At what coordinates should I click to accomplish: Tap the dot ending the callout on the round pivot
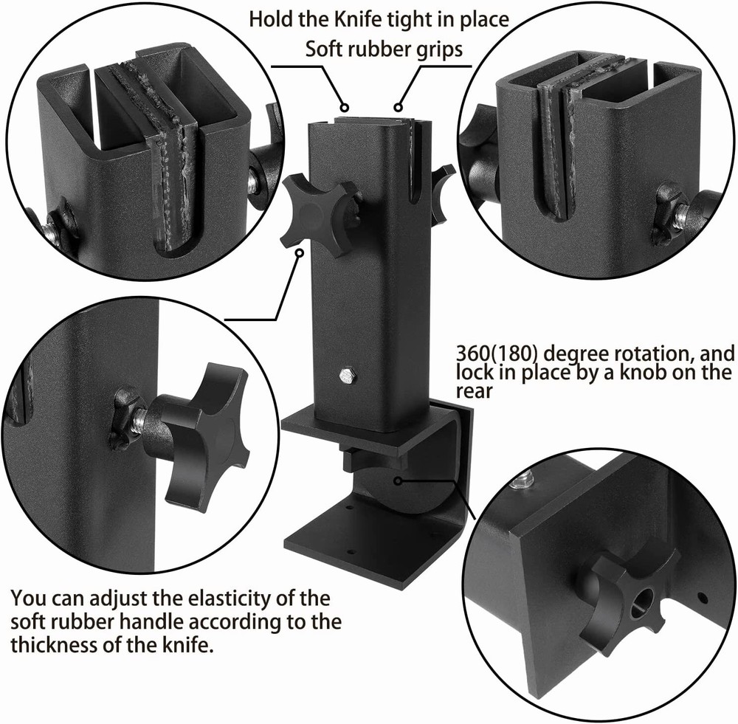point(397,480)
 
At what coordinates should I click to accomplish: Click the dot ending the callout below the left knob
point(300,253)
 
